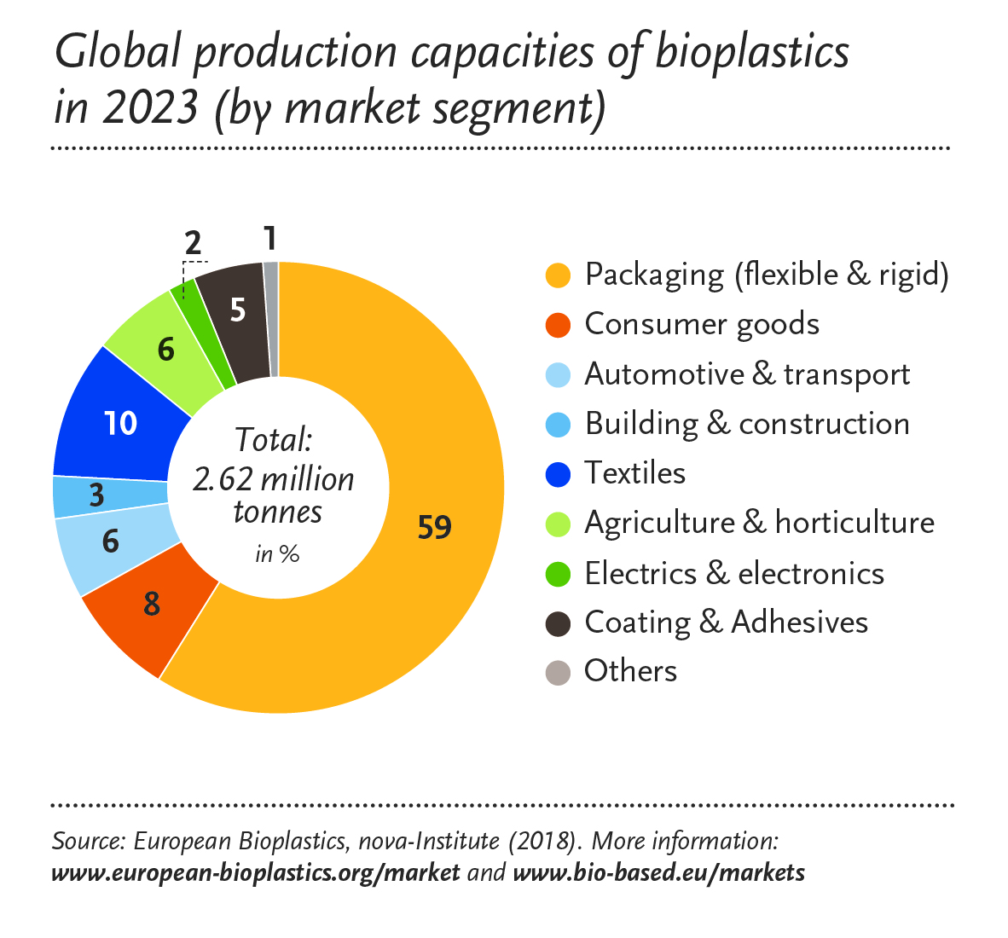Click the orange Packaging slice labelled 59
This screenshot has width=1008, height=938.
[435, 528]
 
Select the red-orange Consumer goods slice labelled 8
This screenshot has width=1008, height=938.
[152, 604]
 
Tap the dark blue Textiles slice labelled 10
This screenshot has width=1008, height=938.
[119, 422]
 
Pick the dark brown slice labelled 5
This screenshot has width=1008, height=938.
[238, 310]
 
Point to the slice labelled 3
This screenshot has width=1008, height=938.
[97, 495]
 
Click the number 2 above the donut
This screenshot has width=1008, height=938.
[194, 244]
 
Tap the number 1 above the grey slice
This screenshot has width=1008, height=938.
[269, 239]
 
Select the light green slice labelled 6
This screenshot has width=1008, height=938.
[166, 349]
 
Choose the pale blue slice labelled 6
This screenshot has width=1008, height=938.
[111, 541]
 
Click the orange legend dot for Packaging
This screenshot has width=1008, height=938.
[558, 275]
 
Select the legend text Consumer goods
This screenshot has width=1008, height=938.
[701, 325]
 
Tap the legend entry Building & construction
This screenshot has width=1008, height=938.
[746, 424]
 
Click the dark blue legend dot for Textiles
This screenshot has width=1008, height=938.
[558, 474]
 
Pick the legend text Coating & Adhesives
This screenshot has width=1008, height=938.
[726, 622]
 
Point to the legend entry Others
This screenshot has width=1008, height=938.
[630, 671]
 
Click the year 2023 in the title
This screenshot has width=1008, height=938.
[150, 108]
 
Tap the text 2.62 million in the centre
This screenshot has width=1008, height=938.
[273, 479]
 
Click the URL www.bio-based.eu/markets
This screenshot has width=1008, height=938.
[658, 873]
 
